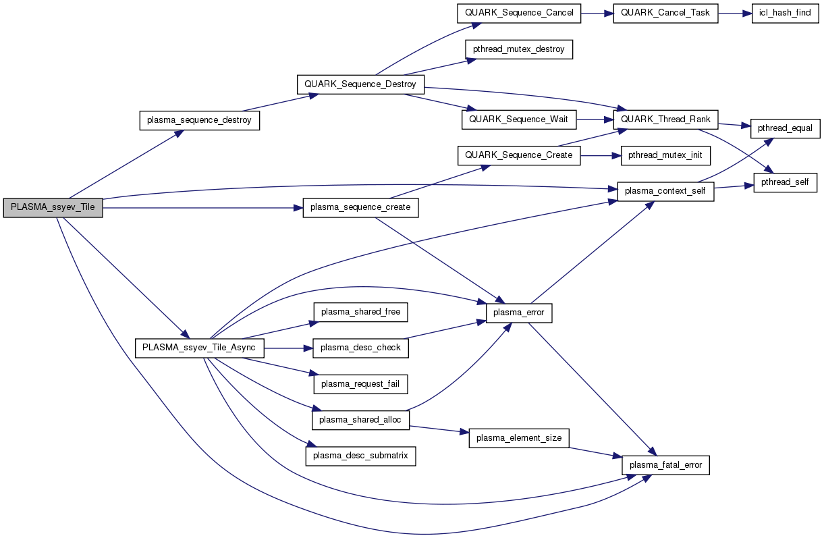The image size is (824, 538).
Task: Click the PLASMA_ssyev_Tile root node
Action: (x=53, y=207)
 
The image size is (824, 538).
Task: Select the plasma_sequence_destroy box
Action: (x=199, y=121)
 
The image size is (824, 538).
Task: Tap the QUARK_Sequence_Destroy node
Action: (x=360, y=84)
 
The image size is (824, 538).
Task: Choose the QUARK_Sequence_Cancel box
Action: (x=518, y=14)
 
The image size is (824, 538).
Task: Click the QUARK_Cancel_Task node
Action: (x=665, y=14)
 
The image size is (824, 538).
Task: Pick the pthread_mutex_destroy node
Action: (x=518, y=49)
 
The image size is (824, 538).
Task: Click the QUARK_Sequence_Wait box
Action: (x=518, y=119)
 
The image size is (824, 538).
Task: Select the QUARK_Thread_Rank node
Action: (x=665, y=119)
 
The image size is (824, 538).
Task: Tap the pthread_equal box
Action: (x=785, y=128)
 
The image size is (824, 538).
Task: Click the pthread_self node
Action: (x=785, y=182)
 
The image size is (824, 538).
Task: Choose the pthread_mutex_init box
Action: (x=665, y=155)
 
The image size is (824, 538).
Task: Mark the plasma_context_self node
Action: (x=665, y=191)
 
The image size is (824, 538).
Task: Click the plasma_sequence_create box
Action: (x=360, y=207)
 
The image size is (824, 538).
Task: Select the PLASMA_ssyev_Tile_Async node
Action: (x=199, y=348)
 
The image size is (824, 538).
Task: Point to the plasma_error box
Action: (x=519, y=313)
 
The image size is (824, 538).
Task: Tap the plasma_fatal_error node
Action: (x=665, y=465)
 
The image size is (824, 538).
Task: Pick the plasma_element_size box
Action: (x=519, y=438)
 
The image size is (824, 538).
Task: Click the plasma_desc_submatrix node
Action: (x=360, y=456)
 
